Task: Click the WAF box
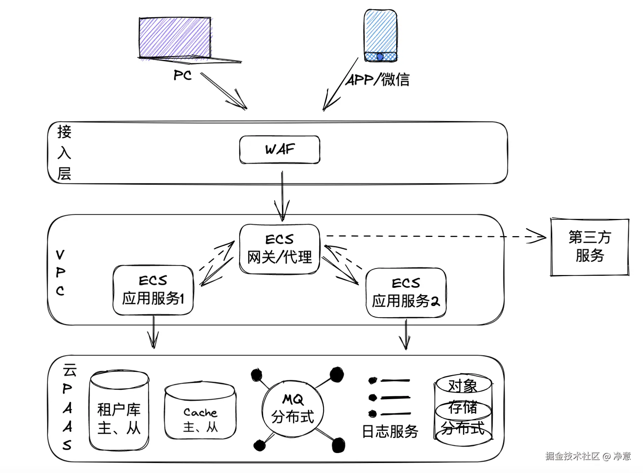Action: click(280, 150)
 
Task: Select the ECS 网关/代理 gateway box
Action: click(280, 249)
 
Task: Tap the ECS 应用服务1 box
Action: click(153, 290)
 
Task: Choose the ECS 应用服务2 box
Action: click(406, 293)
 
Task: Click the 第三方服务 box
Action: click(589, 247)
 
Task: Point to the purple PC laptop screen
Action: click(175, 37)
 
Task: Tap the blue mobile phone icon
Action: click(380, 35)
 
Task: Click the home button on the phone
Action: click(380, 57)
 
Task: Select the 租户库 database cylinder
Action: click(119, 410)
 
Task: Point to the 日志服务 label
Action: click(390, 432)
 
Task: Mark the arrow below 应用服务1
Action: click(153, 332)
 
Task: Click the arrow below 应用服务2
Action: click(405, 335)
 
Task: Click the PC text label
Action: click(182, 75)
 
